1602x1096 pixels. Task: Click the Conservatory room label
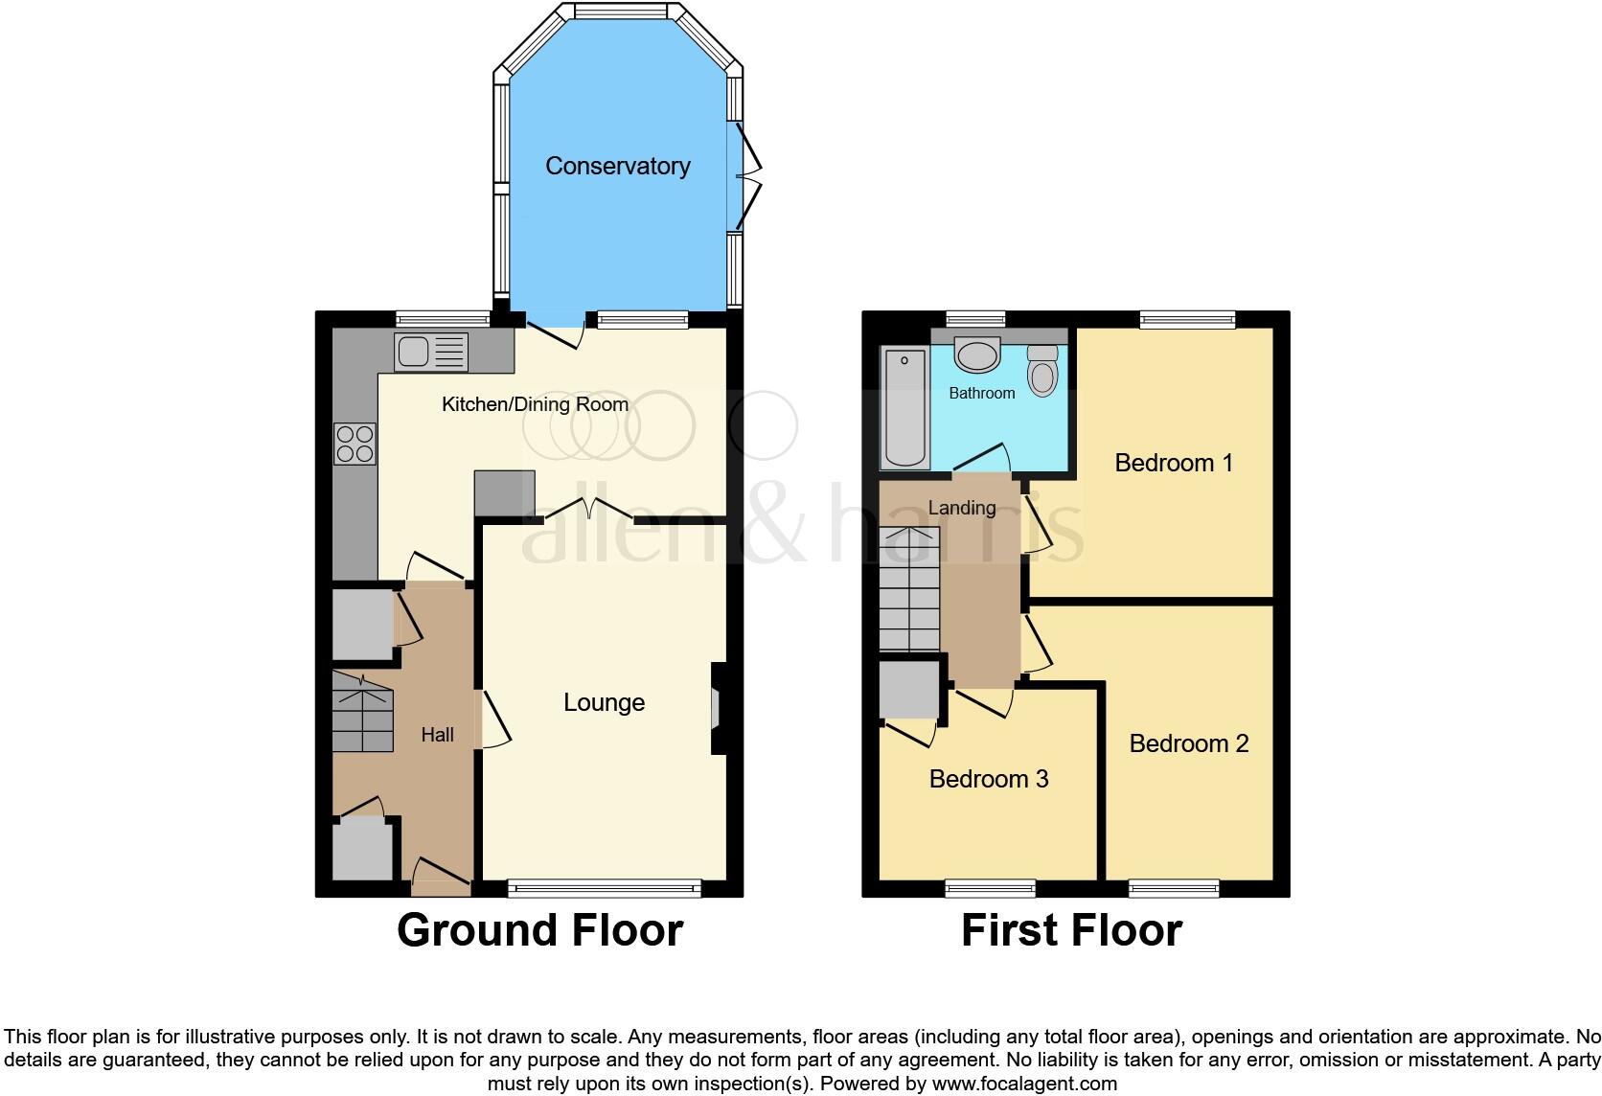click(617, 166)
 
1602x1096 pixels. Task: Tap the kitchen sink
click(430, 352)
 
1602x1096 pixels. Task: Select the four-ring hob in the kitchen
click(355, 445)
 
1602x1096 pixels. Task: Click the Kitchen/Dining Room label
click(535, 404)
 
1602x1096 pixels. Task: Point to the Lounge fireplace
click(717, 709)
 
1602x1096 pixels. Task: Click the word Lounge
click(604, 702)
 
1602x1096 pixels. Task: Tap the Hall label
click(437, 735)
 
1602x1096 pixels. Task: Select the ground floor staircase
click(363, 712)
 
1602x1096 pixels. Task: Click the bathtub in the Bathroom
click(904, 408)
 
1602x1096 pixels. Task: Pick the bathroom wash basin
click(977, 354)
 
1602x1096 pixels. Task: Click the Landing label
click(961, 508)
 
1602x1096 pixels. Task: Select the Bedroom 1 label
click(1173, 463)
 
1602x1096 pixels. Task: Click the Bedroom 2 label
click(1188, 743)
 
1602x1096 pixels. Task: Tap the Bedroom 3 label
click(988, 779)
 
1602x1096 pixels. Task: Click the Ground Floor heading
click(539, 930)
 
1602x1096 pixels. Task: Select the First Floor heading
click(1071, 930)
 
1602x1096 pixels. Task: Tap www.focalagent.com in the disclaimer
click(1024, 1085)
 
